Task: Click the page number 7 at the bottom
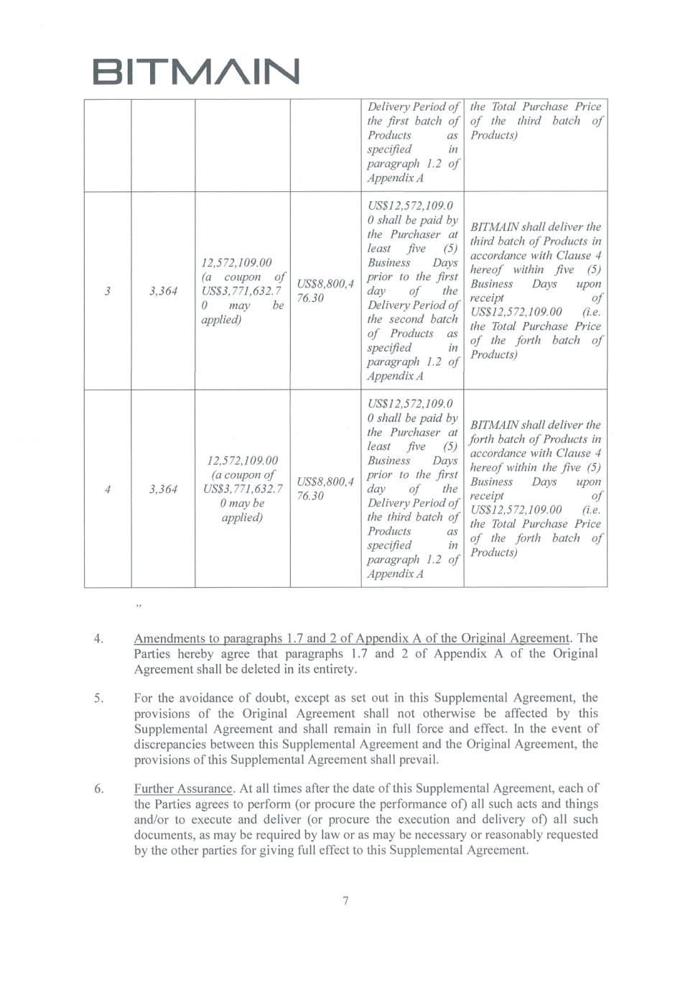345,901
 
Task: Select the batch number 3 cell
107,291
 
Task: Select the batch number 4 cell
107,489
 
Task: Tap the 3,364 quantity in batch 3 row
163,291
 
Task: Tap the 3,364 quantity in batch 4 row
163,489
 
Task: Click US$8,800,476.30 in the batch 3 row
325,291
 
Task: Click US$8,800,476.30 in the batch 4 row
325,489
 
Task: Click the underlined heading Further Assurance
183,788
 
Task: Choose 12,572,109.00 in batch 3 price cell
236,263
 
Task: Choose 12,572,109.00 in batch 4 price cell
242,461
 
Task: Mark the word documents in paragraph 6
164,835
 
